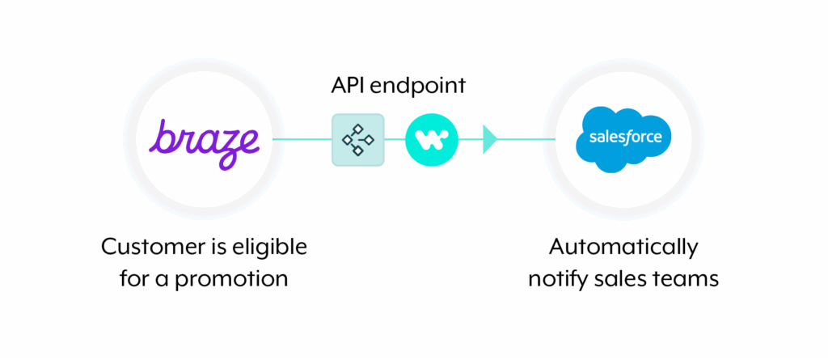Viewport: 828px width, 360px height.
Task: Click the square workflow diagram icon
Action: pos(358,139)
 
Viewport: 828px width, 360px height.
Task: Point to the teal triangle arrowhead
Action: pos(490,139)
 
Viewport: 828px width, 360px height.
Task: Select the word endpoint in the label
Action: pos(422,87)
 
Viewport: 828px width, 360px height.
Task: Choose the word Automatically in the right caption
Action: pos(623,246)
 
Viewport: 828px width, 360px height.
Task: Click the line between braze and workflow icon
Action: pos(301,139)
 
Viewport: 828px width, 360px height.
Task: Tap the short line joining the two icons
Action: pos(395,139)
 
